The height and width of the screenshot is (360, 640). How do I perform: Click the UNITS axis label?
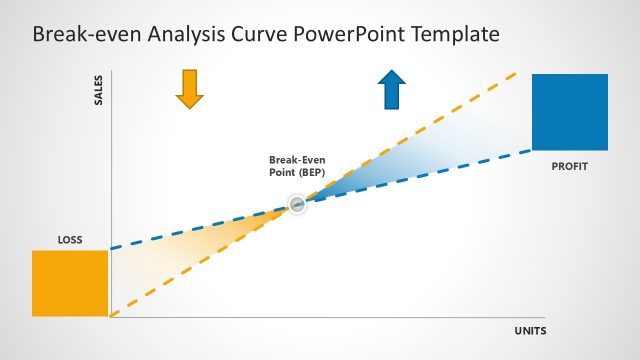(530, 331)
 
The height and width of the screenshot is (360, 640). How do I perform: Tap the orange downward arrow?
(189, 88)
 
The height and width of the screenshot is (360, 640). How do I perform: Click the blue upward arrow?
(392, 89)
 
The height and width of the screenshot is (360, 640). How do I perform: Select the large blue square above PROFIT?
(570, 112)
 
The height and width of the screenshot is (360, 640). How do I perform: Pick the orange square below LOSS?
(70, 283)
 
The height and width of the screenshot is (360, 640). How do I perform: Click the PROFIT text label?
(569, 165)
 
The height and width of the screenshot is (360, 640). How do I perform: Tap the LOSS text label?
(70, 240)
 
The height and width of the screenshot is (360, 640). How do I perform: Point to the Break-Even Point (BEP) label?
(297, 166)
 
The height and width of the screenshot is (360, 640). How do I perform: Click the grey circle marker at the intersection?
(297, 204)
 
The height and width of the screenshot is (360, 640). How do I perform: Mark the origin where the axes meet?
(111, 317)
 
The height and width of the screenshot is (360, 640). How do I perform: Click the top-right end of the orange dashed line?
(517, 72)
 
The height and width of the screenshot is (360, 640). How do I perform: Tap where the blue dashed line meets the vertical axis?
(111, 247)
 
